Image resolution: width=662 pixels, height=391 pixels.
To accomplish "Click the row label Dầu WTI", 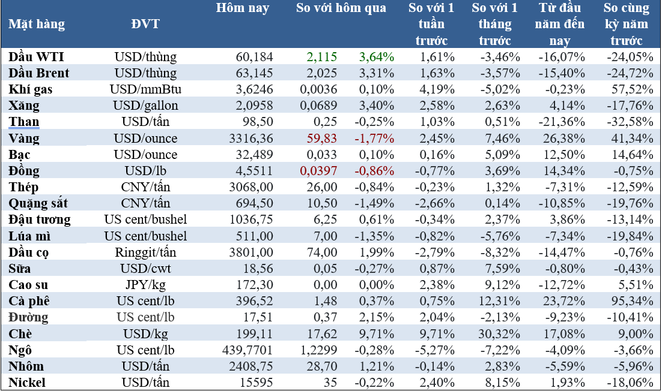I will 37,57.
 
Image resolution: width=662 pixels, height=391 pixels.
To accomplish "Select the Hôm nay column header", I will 242,8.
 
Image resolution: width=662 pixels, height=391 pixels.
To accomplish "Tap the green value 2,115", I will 321,57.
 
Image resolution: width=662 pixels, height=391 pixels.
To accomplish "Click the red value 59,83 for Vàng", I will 323,139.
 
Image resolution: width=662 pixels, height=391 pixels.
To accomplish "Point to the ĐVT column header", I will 145,25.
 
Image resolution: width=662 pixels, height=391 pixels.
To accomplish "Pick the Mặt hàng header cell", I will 37,25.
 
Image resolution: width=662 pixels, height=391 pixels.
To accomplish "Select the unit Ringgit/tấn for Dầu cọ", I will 145,252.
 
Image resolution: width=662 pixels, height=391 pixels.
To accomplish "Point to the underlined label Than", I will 24,122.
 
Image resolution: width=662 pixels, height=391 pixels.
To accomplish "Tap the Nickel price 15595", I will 257,383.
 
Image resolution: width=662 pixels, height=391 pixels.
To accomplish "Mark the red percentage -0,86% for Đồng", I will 374,171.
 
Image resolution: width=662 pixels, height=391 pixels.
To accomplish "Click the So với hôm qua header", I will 341,8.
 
